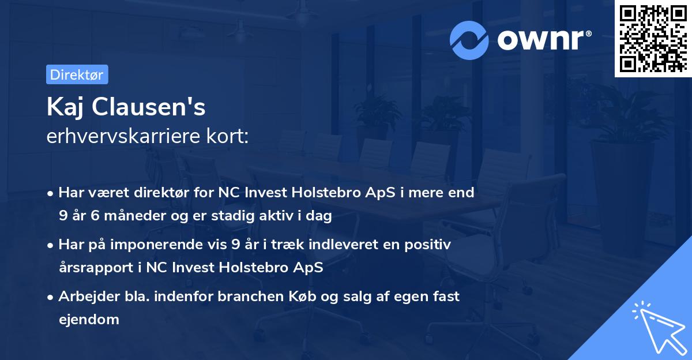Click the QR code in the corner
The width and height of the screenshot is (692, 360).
(x=653, y=39)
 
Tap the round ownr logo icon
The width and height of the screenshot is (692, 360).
(x=469, y=40)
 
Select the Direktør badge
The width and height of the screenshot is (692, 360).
(x=77, y=74)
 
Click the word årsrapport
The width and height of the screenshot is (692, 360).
(x=92, y=268)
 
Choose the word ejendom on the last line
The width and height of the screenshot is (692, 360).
(x=89, y=319)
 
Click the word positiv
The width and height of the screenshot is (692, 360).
(x=430, y=245)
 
